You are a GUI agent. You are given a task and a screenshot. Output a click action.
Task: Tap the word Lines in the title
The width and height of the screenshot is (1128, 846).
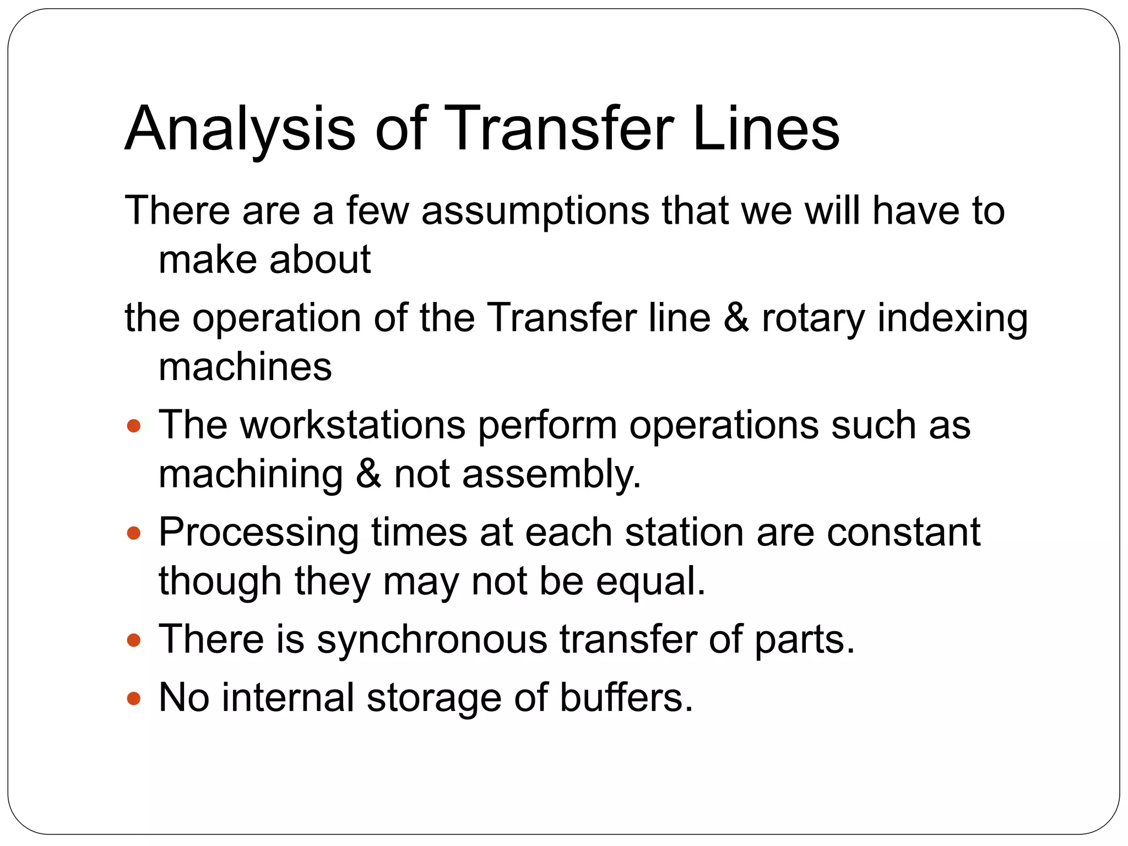click(x=766, y=129)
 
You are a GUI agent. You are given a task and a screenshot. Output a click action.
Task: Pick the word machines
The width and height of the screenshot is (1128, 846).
click(x=245, y=367)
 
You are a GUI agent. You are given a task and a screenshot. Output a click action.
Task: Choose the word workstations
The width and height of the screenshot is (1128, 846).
click(x=353, y=425)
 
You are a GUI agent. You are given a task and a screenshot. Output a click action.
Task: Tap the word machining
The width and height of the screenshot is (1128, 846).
click(x=251, y=475)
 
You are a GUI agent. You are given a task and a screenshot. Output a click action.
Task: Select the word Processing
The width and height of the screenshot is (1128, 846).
click(x=259, y=533)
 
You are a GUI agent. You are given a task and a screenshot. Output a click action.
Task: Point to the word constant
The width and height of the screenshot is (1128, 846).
click(x=903, y=533)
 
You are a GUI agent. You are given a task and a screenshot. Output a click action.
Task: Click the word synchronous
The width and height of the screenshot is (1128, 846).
click(x=432, y=639)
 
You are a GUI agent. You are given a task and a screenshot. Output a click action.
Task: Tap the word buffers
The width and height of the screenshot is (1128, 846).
click(x=626, y=698)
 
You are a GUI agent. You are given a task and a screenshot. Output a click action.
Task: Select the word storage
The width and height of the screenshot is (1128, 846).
click(x=434, y=698)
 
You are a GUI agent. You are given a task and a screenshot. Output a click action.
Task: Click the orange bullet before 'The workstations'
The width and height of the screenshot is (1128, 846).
click(x=134, y=426)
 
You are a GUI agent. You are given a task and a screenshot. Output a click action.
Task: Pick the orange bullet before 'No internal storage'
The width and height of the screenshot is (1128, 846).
click(x=134, y=699)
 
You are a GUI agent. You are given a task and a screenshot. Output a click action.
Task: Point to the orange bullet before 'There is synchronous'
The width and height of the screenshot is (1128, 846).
click(x=134, y=641)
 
